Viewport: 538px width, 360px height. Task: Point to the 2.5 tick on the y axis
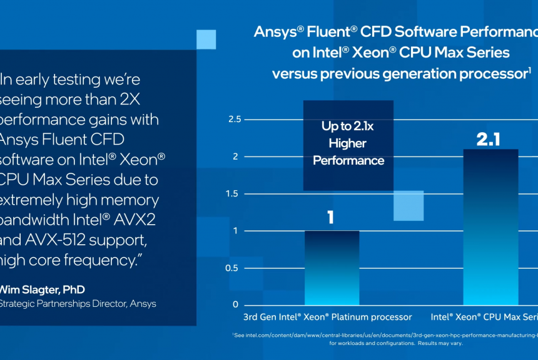(234, 119)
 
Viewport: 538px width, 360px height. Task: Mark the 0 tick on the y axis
(235, 305)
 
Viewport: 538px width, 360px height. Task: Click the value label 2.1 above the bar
(489, 139)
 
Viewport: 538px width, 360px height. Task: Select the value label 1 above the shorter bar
(330, 218)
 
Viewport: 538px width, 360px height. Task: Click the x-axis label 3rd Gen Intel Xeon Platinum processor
(327, 317)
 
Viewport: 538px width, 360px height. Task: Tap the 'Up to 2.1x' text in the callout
(348, 126)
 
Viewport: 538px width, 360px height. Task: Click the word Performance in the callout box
(348, 161)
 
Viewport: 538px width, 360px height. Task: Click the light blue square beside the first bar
(408, 205)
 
